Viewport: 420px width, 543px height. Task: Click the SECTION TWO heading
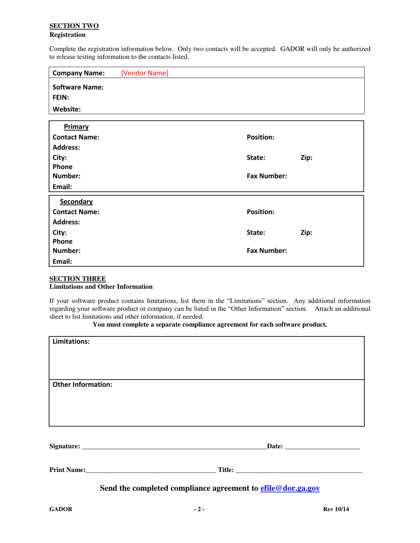74,26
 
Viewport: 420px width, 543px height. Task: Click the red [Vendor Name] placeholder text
144,73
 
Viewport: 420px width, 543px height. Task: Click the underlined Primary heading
76,127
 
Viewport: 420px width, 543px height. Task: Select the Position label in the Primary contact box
260,137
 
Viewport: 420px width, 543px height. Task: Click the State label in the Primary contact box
256,157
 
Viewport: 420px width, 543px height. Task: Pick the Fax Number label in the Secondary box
267,251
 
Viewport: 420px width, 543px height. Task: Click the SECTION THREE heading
77,279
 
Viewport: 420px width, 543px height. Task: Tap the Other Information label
82,385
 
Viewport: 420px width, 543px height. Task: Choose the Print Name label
67,471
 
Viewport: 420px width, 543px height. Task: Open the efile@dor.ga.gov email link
290,488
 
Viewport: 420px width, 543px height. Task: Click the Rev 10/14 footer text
336,509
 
